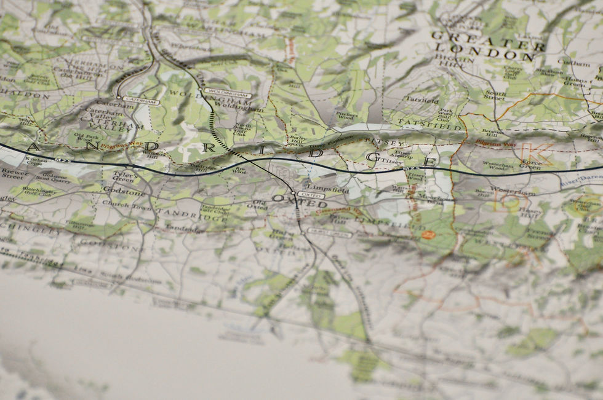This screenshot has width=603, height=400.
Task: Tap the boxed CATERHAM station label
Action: (x=141, y=100)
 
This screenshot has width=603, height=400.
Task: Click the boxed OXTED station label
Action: (x=311, y=195)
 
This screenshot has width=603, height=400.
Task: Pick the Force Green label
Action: (x=530, y=165)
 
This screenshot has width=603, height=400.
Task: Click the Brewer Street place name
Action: (x=14, y=174)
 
